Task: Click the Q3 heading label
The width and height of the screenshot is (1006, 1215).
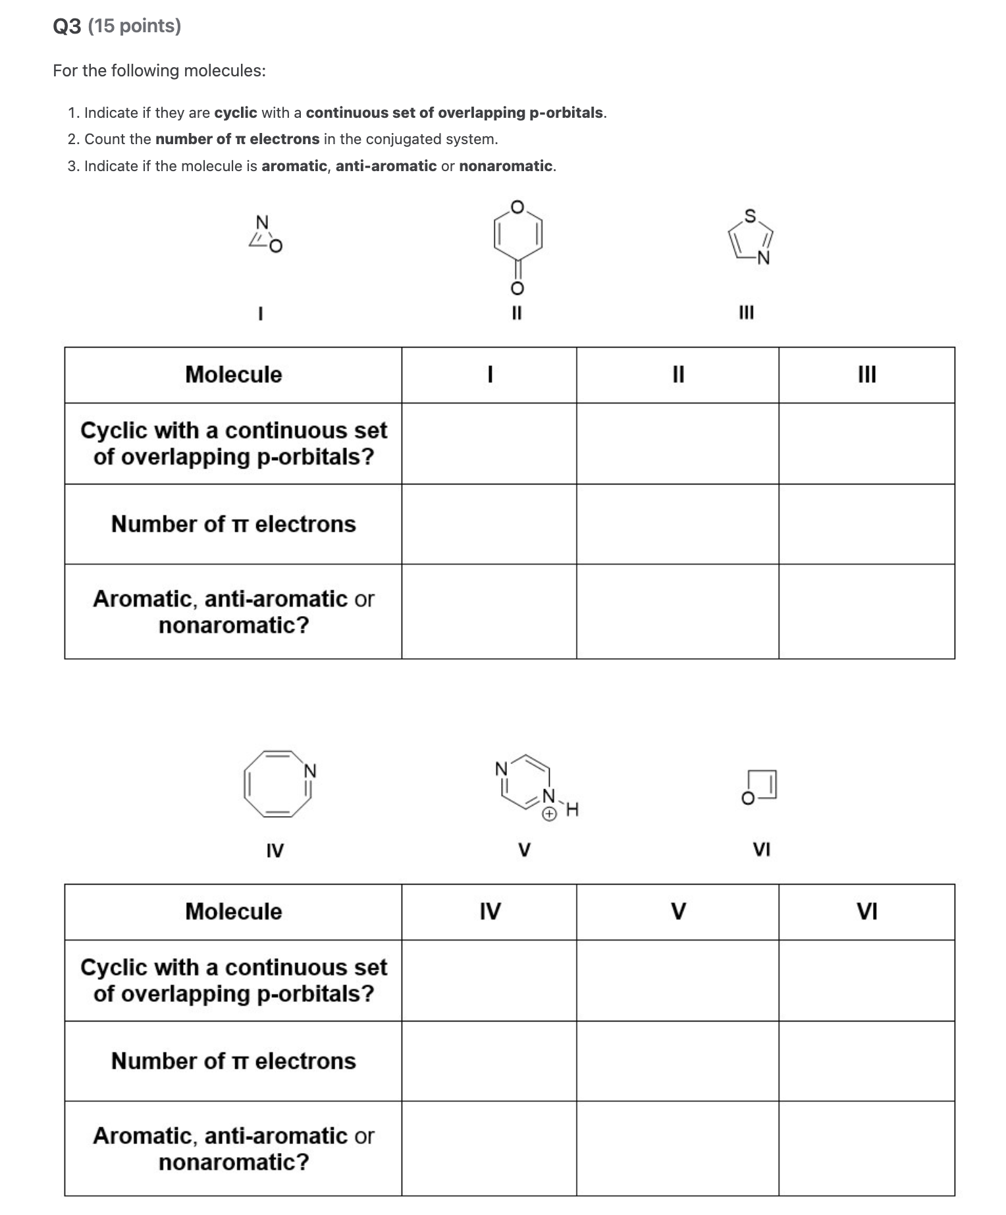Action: click(67, 26)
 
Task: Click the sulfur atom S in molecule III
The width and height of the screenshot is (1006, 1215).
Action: click(750, 216)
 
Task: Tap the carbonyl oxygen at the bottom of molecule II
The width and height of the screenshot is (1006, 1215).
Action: click(517, 288)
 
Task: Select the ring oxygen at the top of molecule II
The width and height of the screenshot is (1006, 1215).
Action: click(517, 207)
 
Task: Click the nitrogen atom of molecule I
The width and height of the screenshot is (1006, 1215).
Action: click(262, 222)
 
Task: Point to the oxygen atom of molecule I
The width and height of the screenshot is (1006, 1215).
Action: click(276, 246)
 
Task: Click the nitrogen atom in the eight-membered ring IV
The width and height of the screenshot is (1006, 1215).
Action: click(309, 771)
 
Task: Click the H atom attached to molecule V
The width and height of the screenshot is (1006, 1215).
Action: click(571, 809)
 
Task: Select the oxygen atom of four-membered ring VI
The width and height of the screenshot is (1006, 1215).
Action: click(748, 798)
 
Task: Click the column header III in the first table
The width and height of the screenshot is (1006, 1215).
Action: click(867, 375)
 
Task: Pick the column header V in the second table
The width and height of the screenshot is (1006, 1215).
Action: click(677, 912)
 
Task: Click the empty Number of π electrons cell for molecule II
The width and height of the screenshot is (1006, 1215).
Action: click(677, 524)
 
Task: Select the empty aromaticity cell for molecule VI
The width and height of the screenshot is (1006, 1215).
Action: click(867, 1149)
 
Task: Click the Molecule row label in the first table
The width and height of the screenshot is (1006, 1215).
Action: click(233, 375)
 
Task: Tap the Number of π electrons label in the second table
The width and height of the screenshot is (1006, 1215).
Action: click(233, 1061)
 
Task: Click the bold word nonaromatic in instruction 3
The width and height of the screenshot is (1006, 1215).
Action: click(505, 166)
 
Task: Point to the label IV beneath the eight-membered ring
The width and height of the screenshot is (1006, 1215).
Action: click(275, 850)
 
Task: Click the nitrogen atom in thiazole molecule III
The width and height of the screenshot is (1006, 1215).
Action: click(763, 258)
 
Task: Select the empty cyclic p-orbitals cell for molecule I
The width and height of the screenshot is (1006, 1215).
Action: click(489, 443)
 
